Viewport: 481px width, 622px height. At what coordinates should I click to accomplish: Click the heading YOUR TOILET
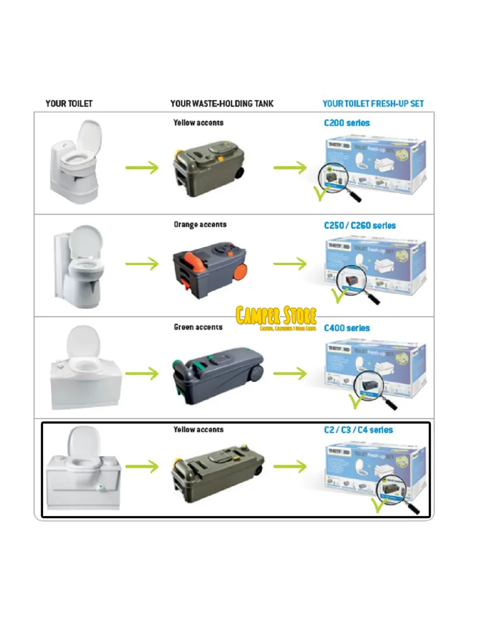click(x=69, y=104)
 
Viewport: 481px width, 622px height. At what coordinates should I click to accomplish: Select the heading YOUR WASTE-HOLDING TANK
click(x=222, y=104)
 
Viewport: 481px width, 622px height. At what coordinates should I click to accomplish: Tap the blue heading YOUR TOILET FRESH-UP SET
click(x=373, y=104)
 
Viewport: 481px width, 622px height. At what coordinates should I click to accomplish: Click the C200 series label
click(x=347, y=123)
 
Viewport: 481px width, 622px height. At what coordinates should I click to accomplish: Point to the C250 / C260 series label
click(x=359, y=226)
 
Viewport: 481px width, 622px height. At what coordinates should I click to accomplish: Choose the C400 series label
click(x=347, y=328)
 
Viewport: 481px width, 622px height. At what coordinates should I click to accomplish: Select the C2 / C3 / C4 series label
click(x=358, y=430)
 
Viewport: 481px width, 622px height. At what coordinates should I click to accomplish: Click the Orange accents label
click(x=200, y=225)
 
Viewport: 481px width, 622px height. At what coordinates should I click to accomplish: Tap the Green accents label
click(x=198, y=327)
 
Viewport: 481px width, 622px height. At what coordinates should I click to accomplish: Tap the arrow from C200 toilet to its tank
click(x=142, y=168)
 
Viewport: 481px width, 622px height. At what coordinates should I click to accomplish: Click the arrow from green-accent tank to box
click(x=290, y=374)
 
